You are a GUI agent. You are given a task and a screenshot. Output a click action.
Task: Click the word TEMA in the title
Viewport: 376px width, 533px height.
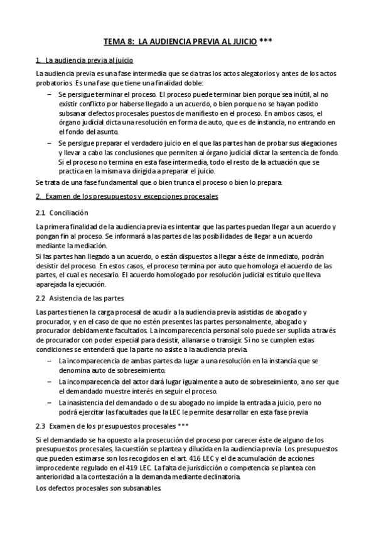pyautogui.click(x=114, y=41)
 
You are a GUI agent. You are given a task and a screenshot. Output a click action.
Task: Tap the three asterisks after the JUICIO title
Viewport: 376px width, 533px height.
pyautogui.click(x=266, y=41)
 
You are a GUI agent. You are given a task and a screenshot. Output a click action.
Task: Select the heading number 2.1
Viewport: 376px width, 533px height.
pyautogui.click(x=41, y=213)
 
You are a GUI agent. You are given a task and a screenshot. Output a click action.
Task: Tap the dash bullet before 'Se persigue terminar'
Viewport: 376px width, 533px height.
pyautogui.click(x=50, y=93)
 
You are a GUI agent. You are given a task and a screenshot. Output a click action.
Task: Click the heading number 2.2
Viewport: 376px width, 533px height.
pyautogui.click(x=41, y=299)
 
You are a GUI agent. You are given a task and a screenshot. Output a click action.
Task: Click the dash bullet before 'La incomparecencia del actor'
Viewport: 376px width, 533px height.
pyautogui.click(x=50, y=382)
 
